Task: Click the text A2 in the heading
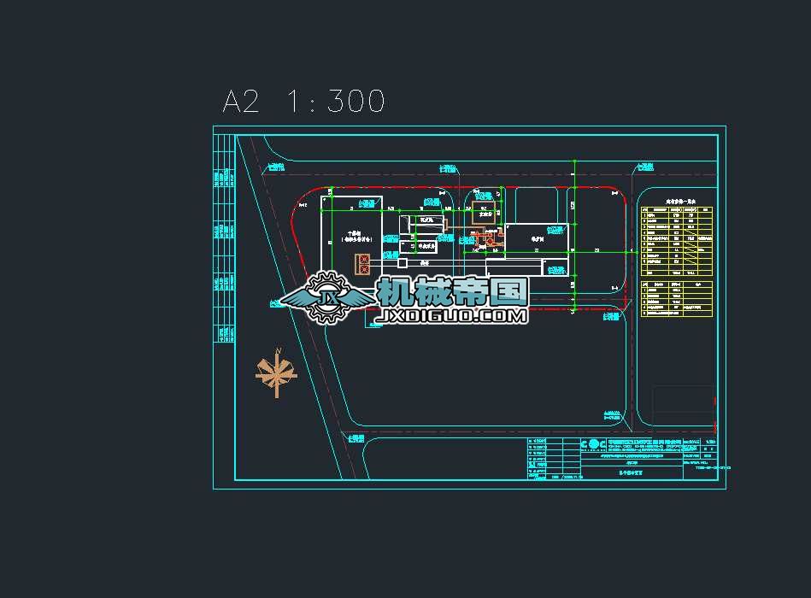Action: [x=240, y=102]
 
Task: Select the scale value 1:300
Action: [x=336, y=102]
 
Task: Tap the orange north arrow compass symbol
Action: [x=276, y=372]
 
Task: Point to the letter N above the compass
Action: [x=279, y=349]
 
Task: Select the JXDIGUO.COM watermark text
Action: [x=454, y=316]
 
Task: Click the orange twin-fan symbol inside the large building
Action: [x=363, y=264]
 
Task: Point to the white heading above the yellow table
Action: [x=680, y=206]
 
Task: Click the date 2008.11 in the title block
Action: [x=572, y=478]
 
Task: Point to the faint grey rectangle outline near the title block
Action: [x=683, y=406]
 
